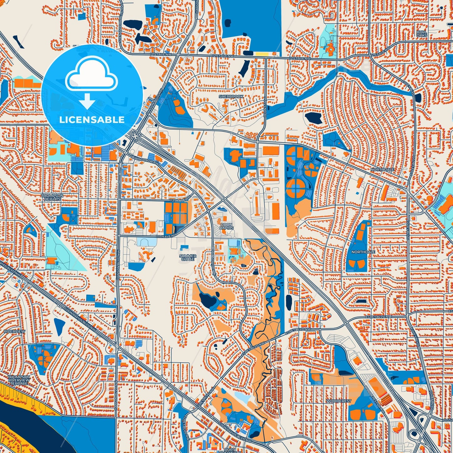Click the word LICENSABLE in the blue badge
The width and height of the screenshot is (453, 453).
(92, 120)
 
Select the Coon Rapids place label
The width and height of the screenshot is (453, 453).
(226, 226)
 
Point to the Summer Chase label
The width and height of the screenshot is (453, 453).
(188, 258)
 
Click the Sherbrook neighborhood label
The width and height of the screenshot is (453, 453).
(231, 97)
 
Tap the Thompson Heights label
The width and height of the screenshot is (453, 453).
(52, 197)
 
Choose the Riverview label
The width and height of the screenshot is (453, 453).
(10, 331)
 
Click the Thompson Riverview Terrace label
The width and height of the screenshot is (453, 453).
(19, 380)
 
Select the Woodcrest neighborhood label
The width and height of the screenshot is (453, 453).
(339, 401)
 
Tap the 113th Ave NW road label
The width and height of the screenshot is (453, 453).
(180, 200)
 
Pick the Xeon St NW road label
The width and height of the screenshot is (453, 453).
(265, 107)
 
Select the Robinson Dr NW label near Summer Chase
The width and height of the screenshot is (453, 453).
(213, 261)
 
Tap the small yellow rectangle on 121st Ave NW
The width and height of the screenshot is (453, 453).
(262, 54)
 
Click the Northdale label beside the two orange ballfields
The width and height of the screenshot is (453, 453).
(359, 252)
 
